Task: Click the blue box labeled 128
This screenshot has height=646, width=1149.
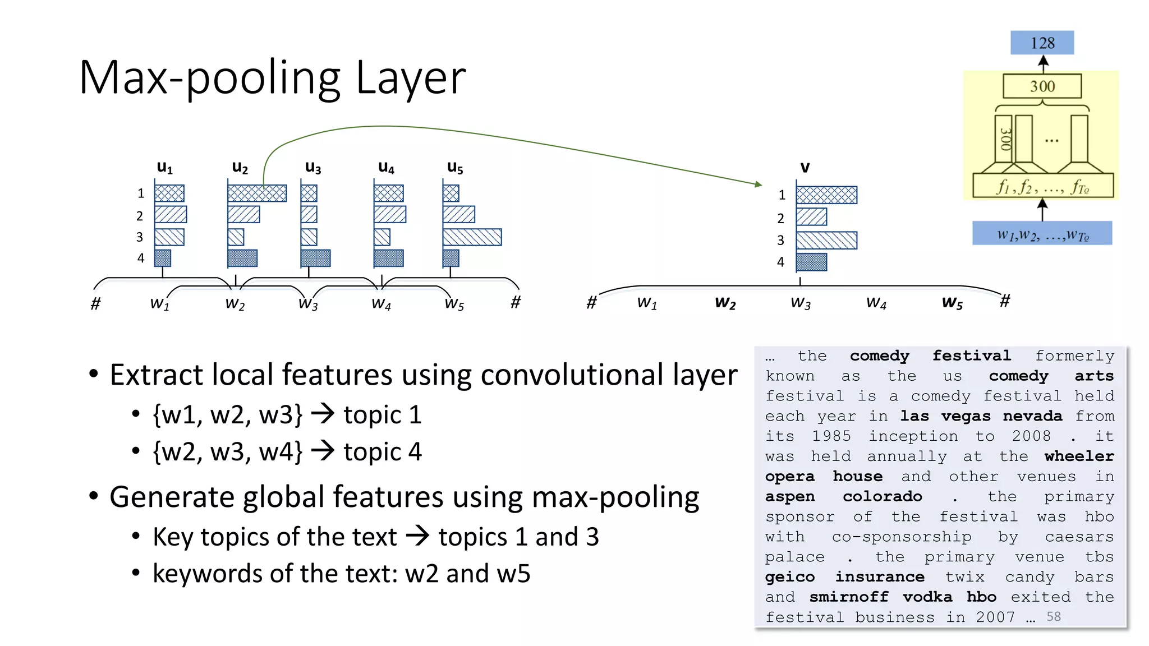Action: pyautogui.click(x=1042, y=43)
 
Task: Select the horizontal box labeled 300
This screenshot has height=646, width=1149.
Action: pyautogui.click(x=1042, y=86)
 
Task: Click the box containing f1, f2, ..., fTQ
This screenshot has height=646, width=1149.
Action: pyautogui.click(x=1042, y=186)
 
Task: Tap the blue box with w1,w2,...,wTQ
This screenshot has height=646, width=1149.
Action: pyautogui.click(x=1042, y=234)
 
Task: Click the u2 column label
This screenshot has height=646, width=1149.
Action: pyautogui.click(x=240, y=167)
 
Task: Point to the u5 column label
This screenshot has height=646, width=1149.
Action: pyautogui.click(x=455, y=167)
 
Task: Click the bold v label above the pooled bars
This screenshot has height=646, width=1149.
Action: pyautogui.click(x=805, y=167)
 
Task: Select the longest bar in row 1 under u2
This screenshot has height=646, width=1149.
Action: pyautogui.click(x=257, y=193)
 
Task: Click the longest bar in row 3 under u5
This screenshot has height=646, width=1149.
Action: pyautogui.click(x=472, y=237)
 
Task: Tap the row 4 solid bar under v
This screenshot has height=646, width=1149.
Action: pyautogui.click(x=811, y=262)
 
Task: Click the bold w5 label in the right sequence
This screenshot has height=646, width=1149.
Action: pyautogui.click(x=952, y=303)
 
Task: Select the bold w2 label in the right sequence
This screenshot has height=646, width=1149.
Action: pyautogui.click(x=725, y=303)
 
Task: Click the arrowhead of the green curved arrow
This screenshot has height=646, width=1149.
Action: pyautogui.click(x=759, y=184)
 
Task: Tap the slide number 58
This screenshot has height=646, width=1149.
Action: pyautogui.click(x=1053, y=617)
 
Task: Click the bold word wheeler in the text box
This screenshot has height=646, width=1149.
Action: pyautogui.click(x=1078, y=456)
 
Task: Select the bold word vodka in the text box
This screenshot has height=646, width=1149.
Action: pyautogui.click(x=927, y=597)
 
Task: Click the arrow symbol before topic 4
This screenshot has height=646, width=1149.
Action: pyautogui.click(x=323, y=451)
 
